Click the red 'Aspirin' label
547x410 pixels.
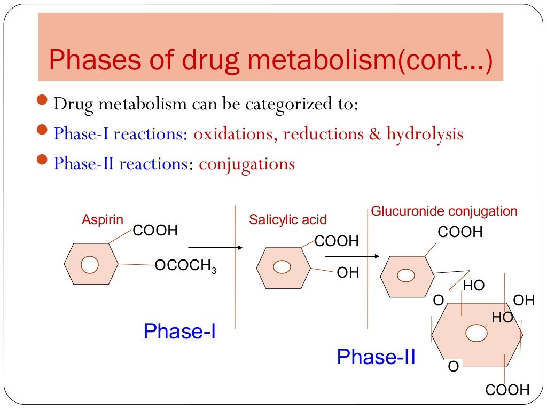click(x=102, y=219)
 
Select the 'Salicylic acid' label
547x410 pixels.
click(x=288, y=220)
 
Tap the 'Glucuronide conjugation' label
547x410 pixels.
click(x=444, y=211)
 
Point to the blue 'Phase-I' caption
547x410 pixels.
click(x=179, y=332)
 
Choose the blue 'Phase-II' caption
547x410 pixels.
click(x=376, y=357)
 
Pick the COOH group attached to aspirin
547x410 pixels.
click(x=155, y=231)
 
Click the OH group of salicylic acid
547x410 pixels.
click(x=348, y=273)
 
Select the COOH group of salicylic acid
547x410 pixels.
click(x=337, y=241)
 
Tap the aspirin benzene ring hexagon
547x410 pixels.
click(x=90, y=264)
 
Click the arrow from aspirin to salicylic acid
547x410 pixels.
click(x=215, y=248)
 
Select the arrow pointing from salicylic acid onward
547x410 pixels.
click(x=366, y=256)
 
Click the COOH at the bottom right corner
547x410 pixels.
click(x=507, y=390)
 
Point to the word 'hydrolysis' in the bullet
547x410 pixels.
click(x=425, y=133)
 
